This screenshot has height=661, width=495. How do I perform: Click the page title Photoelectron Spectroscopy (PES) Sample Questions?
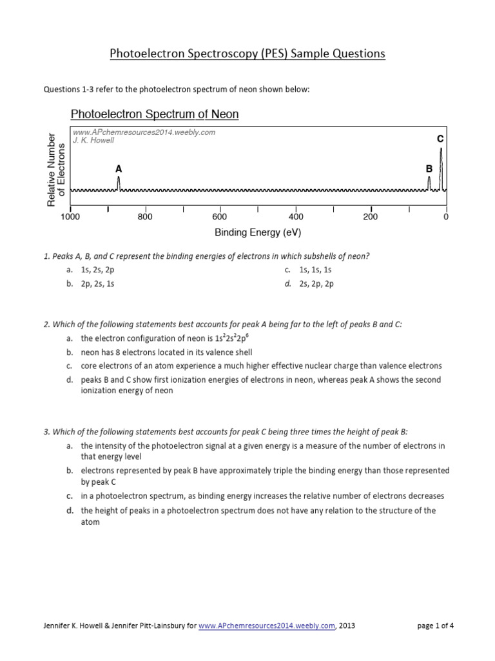[247, 54]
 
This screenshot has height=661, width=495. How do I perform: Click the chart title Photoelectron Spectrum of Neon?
[154, 114]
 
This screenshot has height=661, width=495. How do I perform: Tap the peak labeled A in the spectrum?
[119, 183]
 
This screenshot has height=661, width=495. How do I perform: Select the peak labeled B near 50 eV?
[429, 184]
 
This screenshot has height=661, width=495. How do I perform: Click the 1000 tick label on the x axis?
[70, 218]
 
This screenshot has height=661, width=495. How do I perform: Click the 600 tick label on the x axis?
[220, 218]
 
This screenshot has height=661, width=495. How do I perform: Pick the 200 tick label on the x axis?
[370, 218]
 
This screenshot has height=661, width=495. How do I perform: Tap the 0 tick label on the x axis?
[445, 218]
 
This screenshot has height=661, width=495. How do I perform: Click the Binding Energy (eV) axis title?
[257, 232]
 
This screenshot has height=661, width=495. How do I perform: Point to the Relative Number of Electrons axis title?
[56, 170]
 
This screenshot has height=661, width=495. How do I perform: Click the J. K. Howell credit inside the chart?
[95, 140]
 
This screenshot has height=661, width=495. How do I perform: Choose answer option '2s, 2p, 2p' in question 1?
[316, 283]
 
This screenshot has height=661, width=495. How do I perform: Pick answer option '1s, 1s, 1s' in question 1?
[315, 270]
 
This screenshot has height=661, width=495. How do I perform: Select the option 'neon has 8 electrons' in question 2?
[166, 352]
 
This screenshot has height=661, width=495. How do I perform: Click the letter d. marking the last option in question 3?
[68, 511]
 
